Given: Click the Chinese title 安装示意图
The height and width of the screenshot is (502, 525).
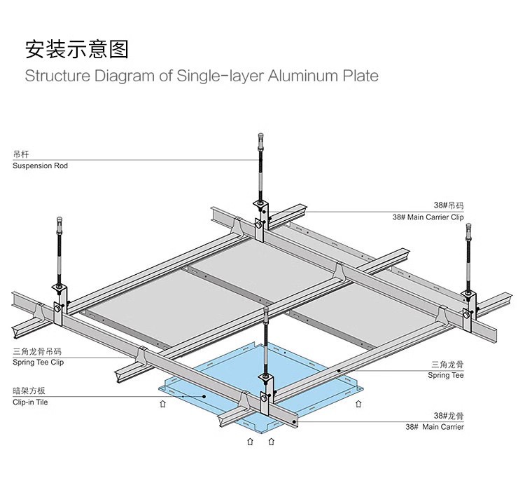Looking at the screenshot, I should click(x=77, y=50).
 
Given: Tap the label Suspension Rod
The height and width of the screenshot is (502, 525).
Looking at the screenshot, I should click(x=41, y=166).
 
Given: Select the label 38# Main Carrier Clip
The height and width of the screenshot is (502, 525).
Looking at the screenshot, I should click(x=428, y=217).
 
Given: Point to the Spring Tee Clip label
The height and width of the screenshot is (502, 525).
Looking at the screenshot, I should click(x=38, y=362).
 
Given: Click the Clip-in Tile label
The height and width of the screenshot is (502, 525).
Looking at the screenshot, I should click(x=31, y=402).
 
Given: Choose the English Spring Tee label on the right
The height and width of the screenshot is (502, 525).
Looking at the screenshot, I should click(x=446, y=376).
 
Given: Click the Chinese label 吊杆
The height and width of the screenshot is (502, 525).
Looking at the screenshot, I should click(x=20, y=154).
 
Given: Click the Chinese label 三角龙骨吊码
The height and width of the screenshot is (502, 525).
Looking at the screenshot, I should click(x=38, y=351).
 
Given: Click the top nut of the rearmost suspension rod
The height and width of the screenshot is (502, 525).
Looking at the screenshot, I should click(x=260, y=136).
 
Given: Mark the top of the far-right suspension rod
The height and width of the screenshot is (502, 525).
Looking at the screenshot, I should click(x=468, y=229).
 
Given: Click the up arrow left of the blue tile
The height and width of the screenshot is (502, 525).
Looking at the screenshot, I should click(x=162, y=404).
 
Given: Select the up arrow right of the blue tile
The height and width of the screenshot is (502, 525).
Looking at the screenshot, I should click(x=359, y=404).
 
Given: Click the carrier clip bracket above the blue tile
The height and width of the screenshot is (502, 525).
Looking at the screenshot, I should click(x=266, y=397).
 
